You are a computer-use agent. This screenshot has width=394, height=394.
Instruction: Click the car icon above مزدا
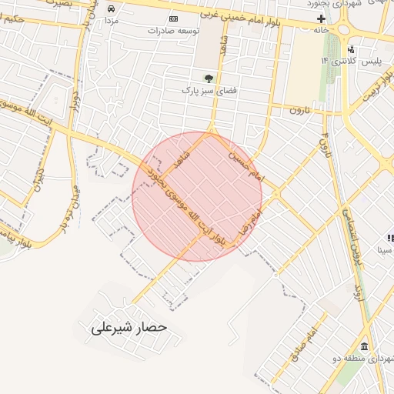[x=112, y=8]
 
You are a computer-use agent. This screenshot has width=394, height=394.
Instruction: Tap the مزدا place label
[x=112, y=20]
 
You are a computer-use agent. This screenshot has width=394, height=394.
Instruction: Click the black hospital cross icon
[x=321, y=18]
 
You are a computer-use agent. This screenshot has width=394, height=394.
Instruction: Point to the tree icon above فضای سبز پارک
[x=208, y=78]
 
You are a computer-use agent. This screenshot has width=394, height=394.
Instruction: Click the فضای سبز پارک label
[x=205, y=90]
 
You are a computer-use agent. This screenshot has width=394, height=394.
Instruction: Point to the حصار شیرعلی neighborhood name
[x=129, y=327]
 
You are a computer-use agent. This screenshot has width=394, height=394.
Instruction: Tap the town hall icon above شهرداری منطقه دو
[x=363, y=346]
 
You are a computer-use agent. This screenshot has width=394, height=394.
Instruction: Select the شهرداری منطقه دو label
[x=362, y=359]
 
